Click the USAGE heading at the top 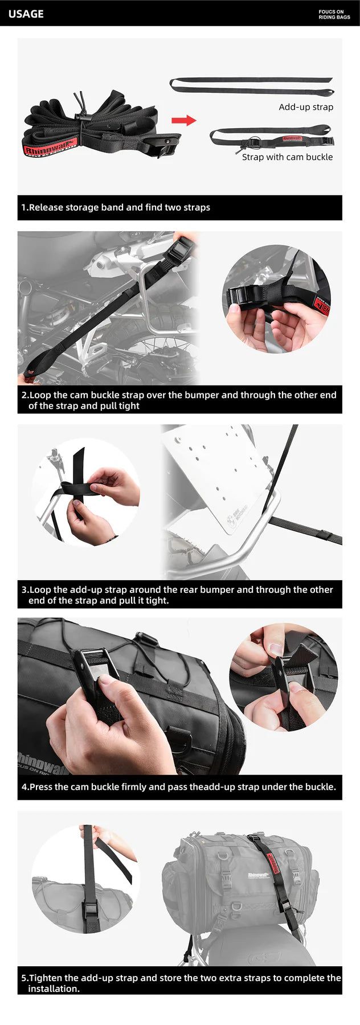(26, 14)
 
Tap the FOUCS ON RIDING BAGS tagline (334, 14)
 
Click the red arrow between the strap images (183, 120)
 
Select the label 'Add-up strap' (306, 107)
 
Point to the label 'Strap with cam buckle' (287, 157)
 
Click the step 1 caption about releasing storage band (116, 207)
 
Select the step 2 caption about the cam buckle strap (179, 400)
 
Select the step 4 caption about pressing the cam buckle (179, 787)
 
